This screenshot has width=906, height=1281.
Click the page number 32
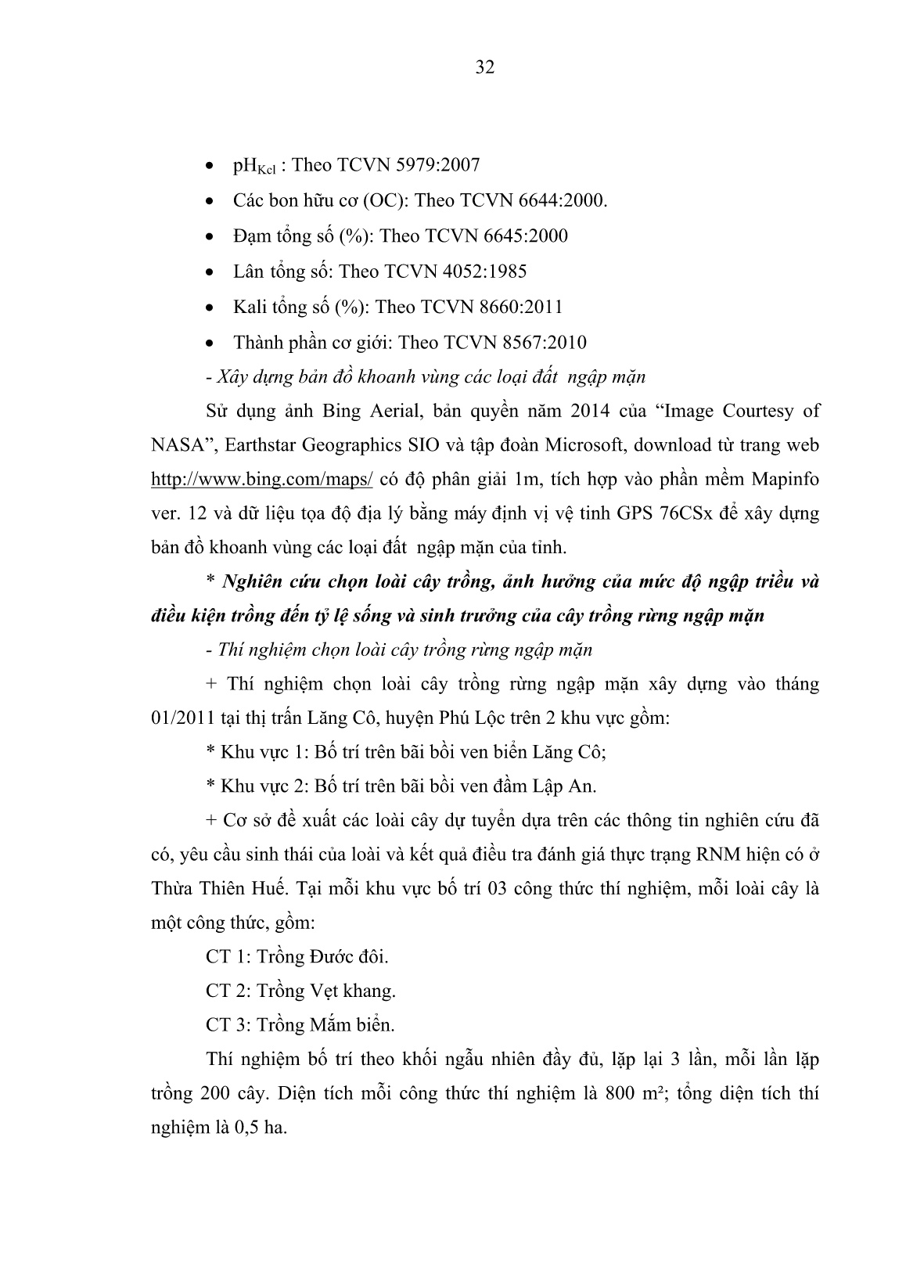485,67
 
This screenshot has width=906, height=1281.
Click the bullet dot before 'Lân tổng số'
208,272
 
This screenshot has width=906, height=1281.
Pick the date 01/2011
181,718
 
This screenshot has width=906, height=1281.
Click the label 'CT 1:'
228,956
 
